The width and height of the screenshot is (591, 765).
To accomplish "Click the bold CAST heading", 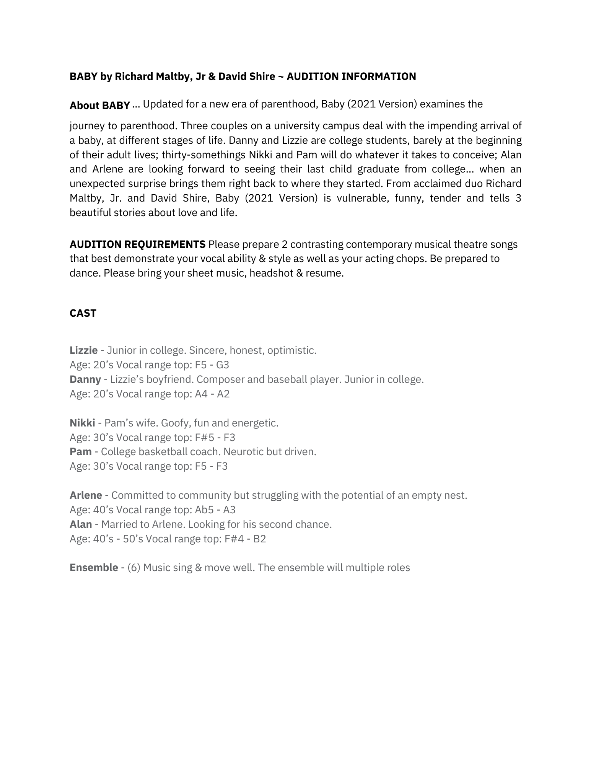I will click(83, 313).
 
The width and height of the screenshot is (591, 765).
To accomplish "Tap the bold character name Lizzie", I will click(83, 350).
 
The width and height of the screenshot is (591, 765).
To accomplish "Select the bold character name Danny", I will click(85, 379).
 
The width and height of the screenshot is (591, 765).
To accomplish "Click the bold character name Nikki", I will click(82, 423).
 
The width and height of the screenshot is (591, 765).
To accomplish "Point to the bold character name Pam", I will click(80, 452).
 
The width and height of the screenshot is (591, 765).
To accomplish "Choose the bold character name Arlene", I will click(86, 495).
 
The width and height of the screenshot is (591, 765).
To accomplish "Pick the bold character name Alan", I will click(81, 524).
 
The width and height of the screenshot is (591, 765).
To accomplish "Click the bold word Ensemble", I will click(94, 568).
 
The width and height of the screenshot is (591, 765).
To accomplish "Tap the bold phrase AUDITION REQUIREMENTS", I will click(137, 244).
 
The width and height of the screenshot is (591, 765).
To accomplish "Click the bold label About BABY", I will click(99, 106).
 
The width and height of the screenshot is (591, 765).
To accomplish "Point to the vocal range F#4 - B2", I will click(245, 539).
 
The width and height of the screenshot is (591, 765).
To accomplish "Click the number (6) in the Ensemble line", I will click(134, 568).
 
